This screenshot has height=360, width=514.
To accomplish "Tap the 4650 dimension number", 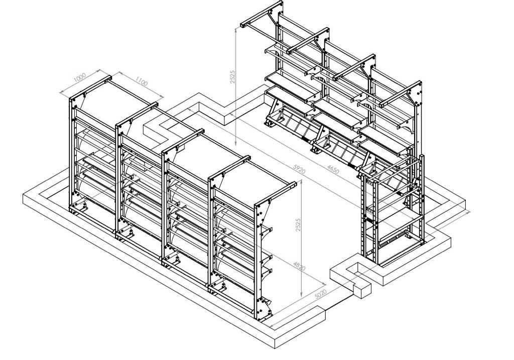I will pos(333,170).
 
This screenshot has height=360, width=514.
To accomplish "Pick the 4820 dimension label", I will pos(299,266).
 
